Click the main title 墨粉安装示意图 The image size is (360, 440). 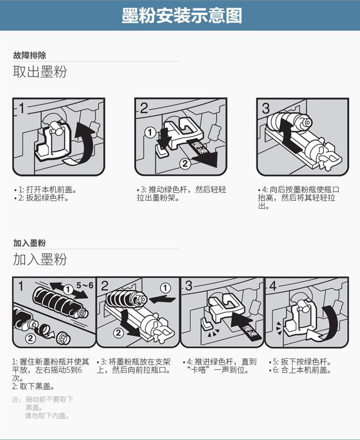(182, 15)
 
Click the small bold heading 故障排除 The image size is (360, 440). (29, 55)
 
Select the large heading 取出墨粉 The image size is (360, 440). (39, 72)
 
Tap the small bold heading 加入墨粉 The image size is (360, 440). (29, 243)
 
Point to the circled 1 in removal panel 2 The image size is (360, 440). (150, 132)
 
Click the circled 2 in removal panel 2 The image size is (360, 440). (185, 163)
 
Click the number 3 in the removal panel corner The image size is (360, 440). (265, 108)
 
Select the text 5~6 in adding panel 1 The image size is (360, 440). (85, 285)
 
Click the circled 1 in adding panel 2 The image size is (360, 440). (165, 287)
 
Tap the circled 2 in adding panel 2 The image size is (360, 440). (119, 333)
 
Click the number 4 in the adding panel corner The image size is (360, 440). (273, 286)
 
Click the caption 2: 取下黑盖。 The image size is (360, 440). (33, 387)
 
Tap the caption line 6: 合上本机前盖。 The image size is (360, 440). (300, 370)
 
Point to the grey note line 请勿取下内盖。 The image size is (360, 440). (47, 416)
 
